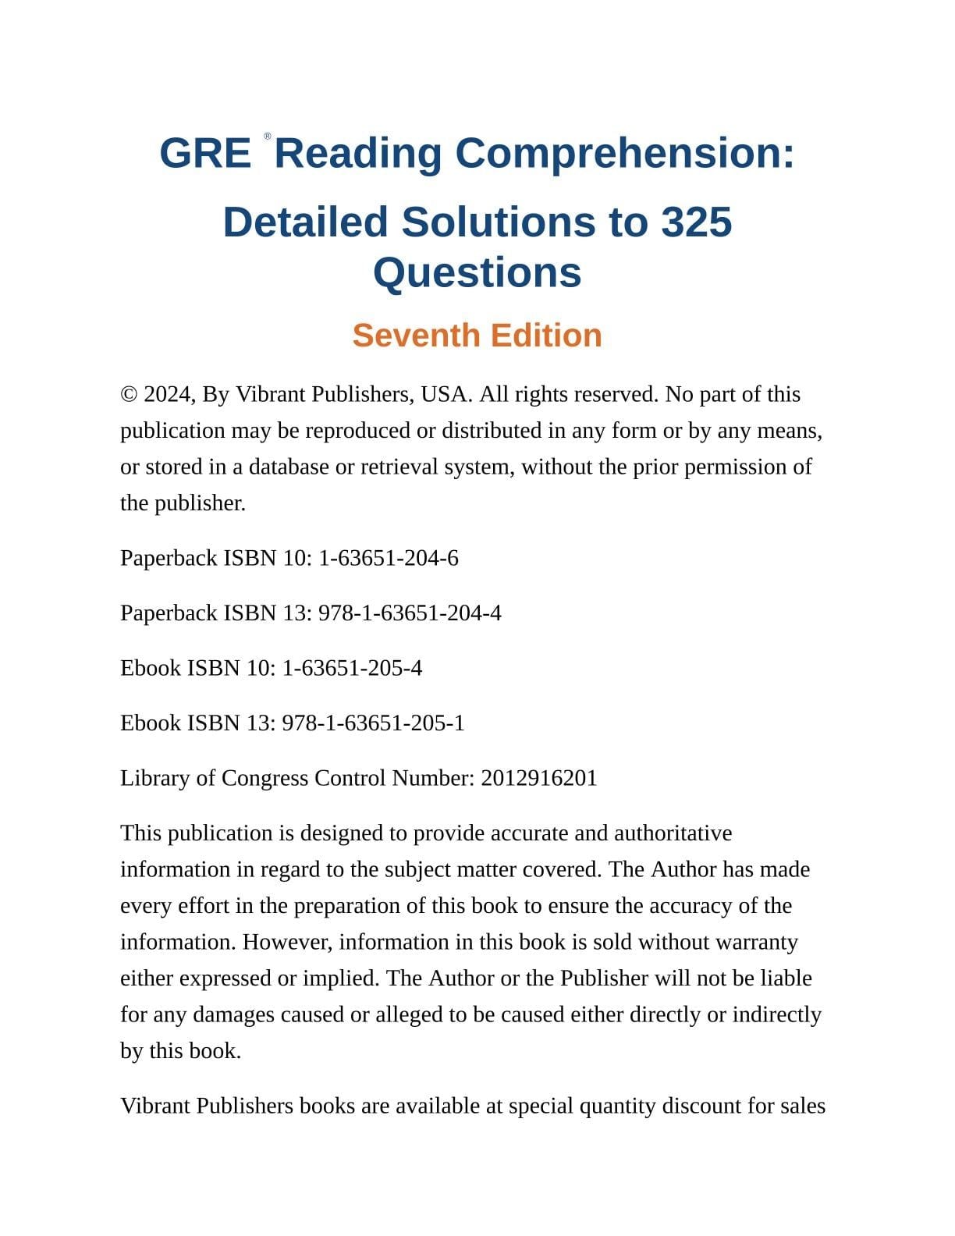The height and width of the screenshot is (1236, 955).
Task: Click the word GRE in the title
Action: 204,153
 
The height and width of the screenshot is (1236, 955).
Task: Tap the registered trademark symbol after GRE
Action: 268,137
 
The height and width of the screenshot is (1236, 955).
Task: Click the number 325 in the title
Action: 697,222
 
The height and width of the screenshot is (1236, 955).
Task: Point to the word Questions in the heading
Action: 477,273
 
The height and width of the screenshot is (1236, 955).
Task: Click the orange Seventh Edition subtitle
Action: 477,336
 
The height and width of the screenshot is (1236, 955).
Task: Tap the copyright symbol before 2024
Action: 129,395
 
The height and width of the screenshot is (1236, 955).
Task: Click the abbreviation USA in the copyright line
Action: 446,395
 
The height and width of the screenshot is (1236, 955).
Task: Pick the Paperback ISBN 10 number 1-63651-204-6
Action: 389,559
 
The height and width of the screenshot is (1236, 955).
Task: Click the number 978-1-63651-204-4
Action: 410,613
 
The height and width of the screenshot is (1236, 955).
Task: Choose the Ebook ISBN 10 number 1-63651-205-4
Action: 352,669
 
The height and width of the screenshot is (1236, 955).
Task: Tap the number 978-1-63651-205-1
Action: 373,723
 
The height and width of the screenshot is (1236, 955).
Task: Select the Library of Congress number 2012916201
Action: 539,779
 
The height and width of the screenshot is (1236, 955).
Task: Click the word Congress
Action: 264,779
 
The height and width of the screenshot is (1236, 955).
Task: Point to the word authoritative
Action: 673,833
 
